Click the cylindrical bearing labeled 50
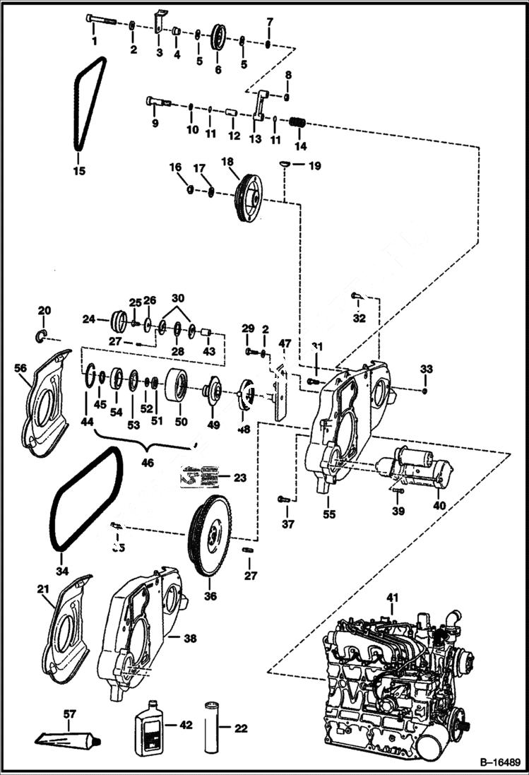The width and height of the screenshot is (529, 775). pyautogui.click(x=177, y=385)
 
